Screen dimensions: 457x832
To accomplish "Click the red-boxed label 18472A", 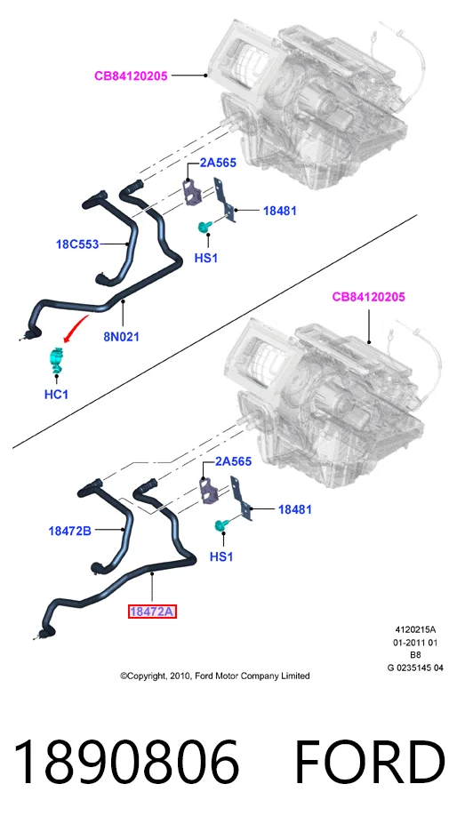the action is pyautogui.click(x=152, y=612).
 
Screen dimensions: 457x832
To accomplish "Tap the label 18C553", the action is pyautogui.click(x=77, y=244).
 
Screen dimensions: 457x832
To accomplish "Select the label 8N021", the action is pyautogui.click(x=122, y=336).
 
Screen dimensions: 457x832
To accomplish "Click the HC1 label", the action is pyautogui.click(x=56, y=395).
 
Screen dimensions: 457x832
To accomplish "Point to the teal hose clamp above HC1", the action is pyautogui.click(x=56, y=359).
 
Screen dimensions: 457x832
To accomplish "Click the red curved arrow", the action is pyautogui.click(x=76, y=327).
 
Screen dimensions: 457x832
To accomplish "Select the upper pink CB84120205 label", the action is pyautogui.click(x=131, y=76).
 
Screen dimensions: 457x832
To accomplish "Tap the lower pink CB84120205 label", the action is pyautogui.click(x=368, y=297).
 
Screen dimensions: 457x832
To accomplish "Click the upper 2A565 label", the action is pyautogui.click(x=218, y=163).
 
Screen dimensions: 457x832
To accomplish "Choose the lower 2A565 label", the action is pyautogui.click(x=233, y=461).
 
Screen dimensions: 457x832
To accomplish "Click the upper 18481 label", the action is pyautogui.click(x=280, y=211).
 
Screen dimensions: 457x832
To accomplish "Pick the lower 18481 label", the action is pyautogui.click(x=294, y=509).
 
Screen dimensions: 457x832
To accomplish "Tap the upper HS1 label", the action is pyautogui.click(x=206, y=259).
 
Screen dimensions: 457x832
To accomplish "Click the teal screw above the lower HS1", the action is pyautogui.click(x=220, y=526).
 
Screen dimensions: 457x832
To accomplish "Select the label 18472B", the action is pyautogui.click(x=69, y=531).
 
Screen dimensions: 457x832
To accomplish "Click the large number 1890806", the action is pyautogui.click(x=126, y=762).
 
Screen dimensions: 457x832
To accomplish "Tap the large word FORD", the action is pyautogui.click(x=370, y=762).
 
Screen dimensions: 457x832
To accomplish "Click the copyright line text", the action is pyautogui.click(x=215, y=676).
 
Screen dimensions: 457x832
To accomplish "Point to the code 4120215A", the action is pyautogui.click(x=415, y=630).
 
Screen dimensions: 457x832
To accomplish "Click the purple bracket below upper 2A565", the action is pyautogui.click(x=192, y=192).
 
